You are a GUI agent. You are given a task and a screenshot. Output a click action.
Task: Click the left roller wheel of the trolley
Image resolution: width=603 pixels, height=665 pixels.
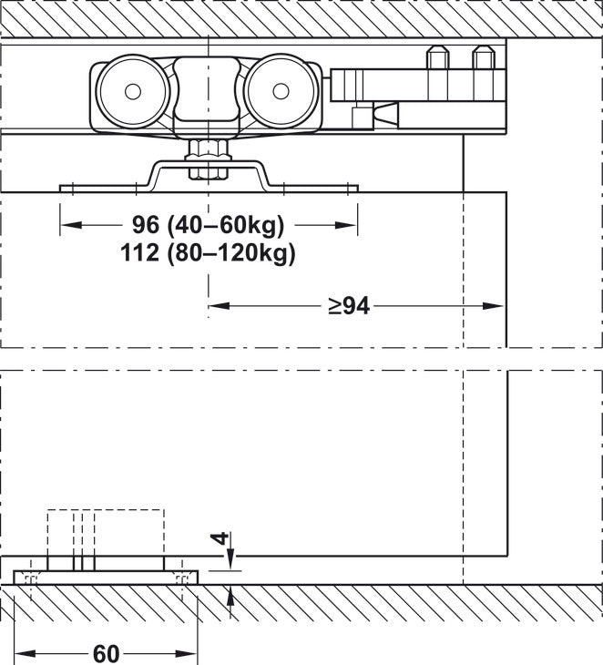point(133,91)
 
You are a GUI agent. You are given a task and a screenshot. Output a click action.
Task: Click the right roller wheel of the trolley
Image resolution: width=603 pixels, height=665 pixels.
point(281,91)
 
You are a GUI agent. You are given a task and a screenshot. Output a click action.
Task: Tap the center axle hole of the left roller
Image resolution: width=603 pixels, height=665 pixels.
point(133,91)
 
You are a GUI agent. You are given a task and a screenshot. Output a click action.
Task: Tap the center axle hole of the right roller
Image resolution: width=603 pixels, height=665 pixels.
point(281,91)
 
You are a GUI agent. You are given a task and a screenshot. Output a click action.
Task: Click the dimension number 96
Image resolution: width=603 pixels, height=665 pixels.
point(146,225)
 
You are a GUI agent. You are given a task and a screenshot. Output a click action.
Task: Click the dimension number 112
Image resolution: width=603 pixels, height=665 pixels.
point(139,252)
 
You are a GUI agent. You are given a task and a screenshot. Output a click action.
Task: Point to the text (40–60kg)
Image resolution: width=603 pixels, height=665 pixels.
point(226,226)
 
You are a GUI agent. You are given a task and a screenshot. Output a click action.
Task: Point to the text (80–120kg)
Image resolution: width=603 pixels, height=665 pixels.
point(231,253)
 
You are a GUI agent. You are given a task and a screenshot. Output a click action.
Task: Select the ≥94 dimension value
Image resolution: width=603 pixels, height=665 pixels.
point(349,306)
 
